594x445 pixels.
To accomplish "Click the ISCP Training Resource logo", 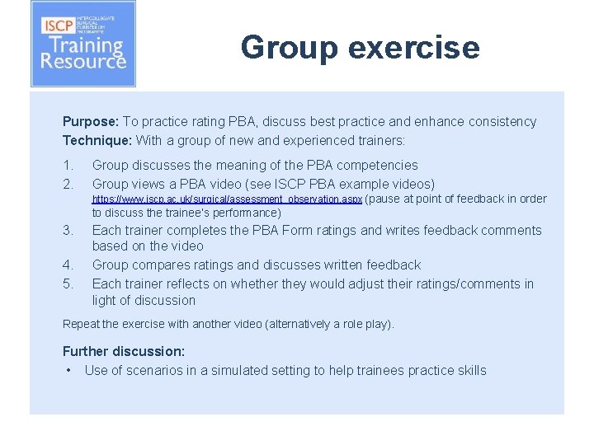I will pyautogui.click(x=82, y=44).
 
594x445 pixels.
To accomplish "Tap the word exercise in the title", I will pyautogui.click(x=413, y=47).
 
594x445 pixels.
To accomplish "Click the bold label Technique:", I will pyautogui.click(x=97, y=140).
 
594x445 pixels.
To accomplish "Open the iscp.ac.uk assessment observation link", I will pyautogui.click(x=227, y=199).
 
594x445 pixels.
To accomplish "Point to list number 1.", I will pyautogui.click(x=68, y=166).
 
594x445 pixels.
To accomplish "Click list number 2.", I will pyautogui.click(x=68, y=184).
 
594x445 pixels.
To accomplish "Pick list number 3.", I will pyautogui.click(x=68, y=230).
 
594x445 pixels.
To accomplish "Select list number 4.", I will pyautogui.click(x=68, y=265).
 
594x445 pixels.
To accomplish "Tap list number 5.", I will pyautogui.click(x=68, y=284).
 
